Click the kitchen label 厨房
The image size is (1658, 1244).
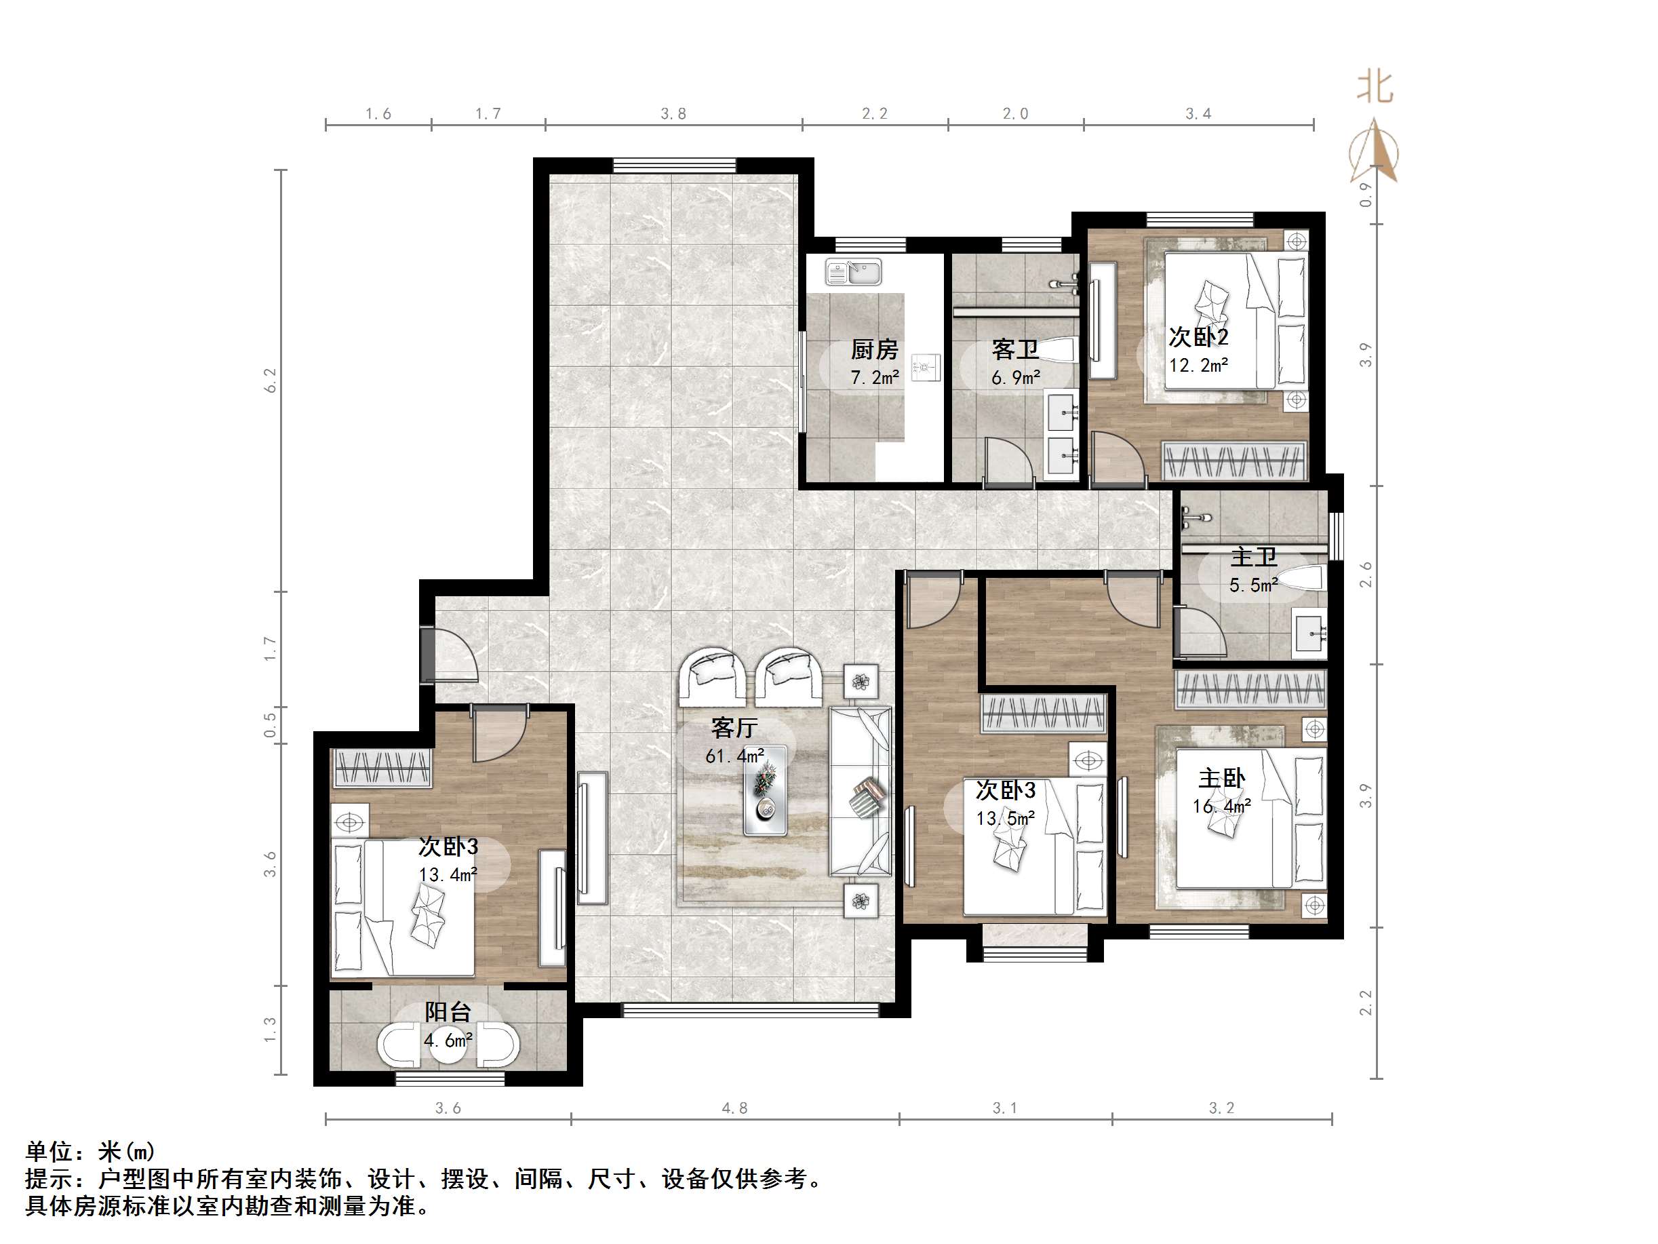pyautogui.click(x=874, y=349)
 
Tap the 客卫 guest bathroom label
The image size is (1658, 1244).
pyautogui.click(x=1015, y=349)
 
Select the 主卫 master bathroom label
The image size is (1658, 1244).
pyautogui.click(x=1254, y=557)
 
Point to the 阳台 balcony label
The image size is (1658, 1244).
pyautogui.click(x=448, y=1011)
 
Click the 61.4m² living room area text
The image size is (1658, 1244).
pyautogui.click(x=734, y=756)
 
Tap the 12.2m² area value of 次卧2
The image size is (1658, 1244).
pyautogui.click(x=1198, y=365)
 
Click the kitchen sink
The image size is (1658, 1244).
pyautogui.click(x=854, y=271)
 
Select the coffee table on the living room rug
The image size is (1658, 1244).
pyautogui.click(x=766, y=790)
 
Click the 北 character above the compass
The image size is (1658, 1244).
pyautogui.click(x=1375, y=88)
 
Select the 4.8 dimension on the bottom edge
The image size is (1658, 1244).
pyautogui.click(x=734, y=1108)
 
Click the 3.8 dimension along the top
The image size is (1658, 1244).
pyautogui.click(x=673, y=114)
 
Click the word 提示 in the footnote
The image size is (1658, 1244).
pyautogui.click(x=50, y=1180)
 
